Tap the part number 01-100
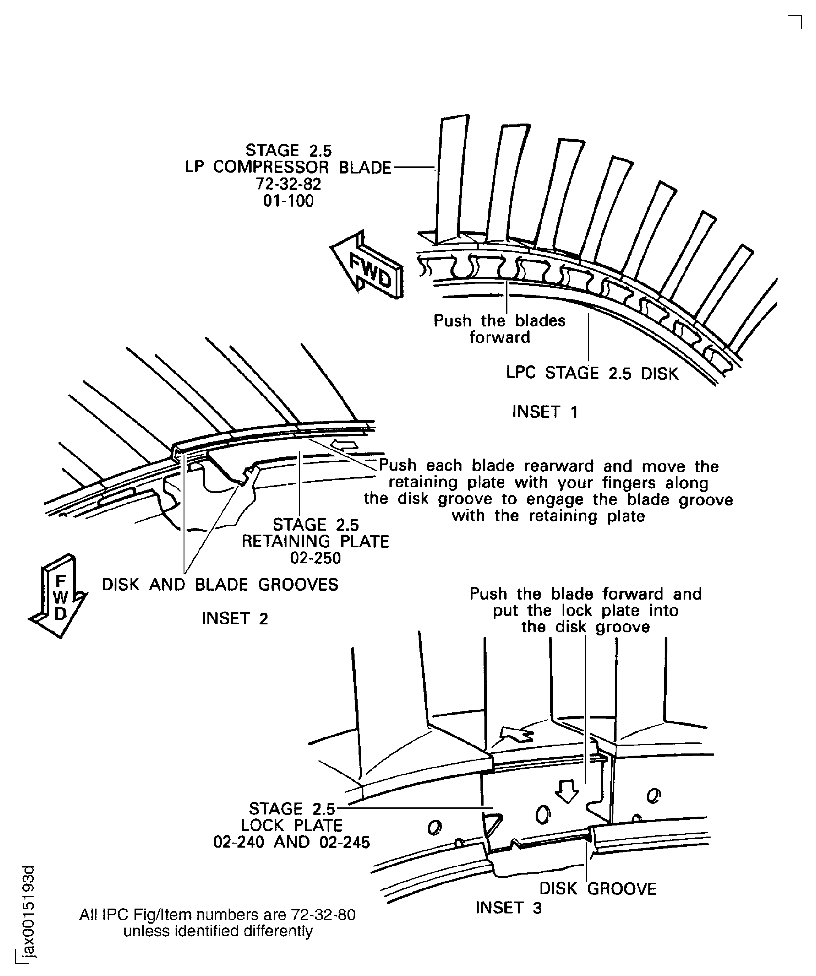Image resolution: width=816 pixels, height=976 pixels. tap(288, 201)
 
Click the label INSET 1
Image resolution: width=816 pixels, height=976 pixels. tap(544, 412)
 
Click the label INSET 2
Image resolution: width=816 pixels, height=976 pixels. tap(235, 619)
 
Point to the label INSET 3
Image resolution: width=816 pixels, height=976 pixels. tap(508, 908)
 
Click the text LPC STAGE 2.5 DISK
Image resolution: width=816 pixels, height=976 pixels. tap(592, 373)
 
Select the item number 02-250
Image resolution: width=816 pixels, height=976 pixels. tap(315, 558)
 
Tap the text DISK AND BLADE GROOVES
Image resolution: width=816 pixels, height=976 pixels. tap(220, 585)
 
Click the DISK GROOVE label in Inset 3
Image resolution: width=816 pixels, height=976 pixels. tap(598, 889)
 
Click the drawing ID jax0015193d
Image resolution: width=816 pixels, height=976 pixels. tap(29, 911)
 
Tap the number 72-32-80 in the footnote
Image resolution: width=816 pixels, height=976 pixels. tap(323, 915)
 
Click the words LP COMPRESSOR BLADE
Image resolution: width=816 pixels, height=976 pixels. tap(288, 167)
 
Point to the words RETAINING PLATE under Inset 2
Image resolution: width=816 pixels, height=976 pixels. tap(315, 541)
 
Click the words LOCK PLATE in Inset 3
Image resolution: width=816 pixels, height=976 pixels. tap(291, 825)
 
